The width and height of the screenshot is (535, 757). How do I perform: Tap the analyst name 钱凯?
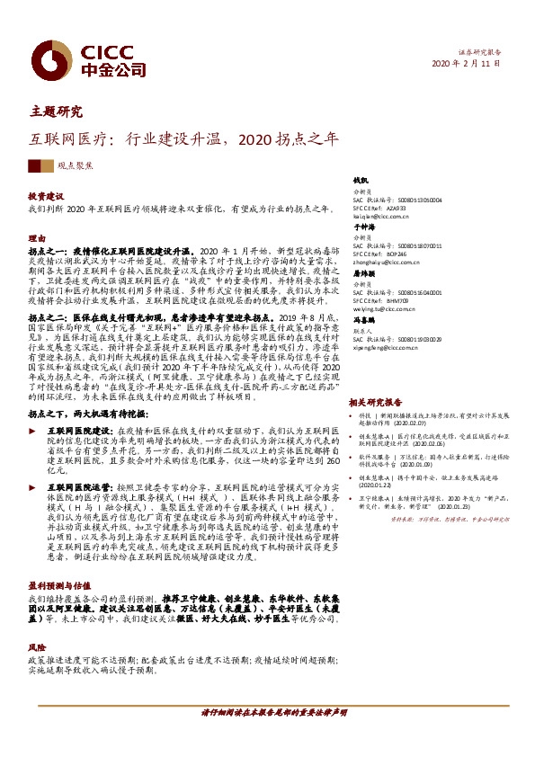(x=361, y=181)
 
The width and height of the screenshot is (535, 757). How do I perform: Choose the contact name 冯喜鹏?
(x=363, y=319)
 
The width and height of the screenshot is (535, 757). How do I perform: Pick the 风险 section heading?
(x=36, y=620)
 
